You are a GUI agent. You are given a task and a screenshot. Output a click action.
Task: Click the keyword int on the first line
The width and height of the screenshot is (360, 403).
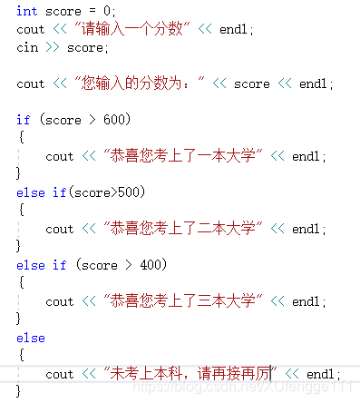[27, 11]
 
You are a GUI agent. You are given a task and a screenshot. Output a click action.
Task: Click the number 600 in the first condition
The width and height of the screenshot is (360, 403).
[114, 120]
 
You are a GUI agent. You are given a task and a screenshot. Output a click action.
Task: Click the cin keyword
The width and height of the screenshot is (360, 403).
[27, 47]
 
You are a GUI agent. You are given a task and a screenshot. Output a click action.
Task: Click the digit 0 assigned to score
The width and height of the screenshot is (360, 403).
[106, 11]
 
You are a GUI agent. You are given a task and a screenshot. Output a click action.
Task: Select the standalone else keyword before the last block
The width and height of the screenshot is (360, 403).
[31, 338]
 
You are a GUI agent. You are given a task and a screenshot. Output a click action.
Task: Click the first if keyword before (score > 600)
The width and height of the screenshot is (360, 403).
[24, 120]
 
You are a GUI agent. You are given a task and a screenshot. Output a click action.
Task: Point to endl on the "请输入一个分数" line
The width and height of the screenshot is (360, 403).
[233, 29]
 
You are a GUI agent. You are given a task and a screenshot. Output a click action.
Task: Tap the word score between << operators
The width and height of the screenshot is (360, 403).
[252, 84]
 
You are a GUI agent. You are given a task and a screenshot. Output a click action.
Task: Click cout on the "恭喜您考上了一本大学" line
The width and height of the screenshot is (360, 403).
[60, 156]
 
